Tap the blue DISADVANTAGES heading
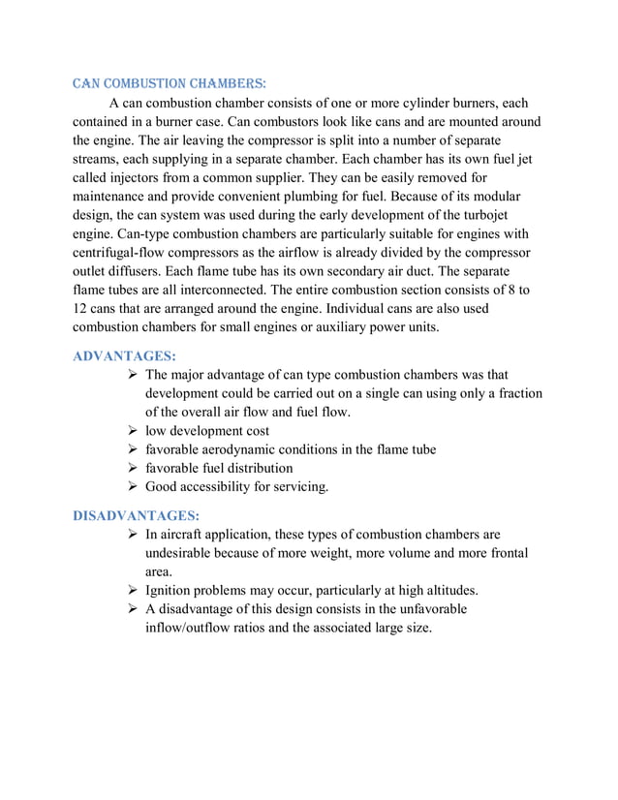click(x=136, y=515)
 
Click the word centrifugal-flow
click(x=123, y=253)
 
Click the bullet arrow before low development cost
click(x=133, y=430)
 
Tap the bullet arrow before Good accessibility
click(x=133, y=486)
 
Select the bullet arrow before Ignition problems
click(x=133, y=590)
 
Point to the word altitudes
click(x=445, y=590)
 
